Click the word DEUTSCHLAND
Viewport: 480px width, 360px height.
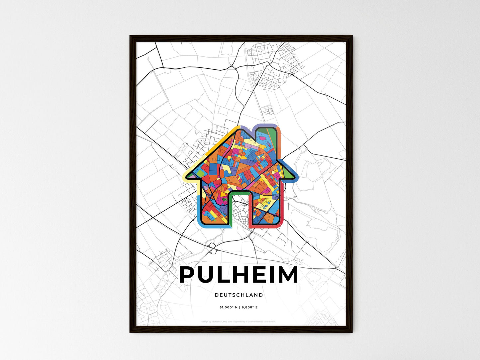(x=239, y=295)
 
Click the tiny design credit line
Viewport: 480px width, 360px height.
(x=239, y=321)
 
